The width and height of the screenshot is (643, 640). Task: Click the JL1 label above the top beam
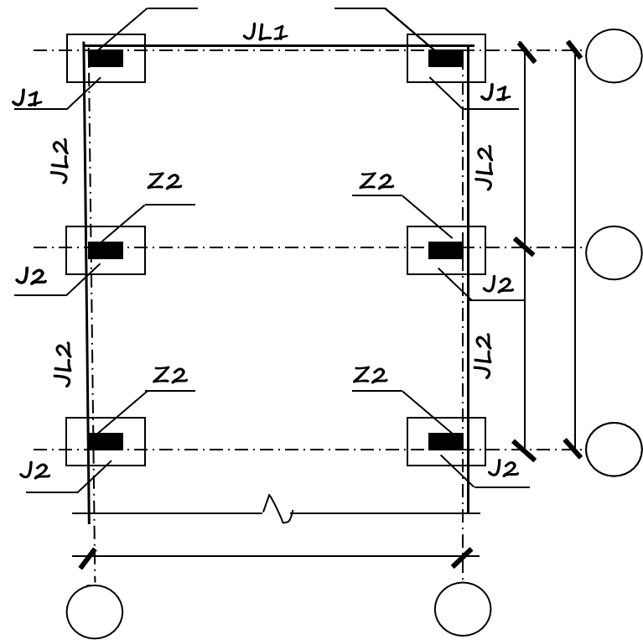[266, 32]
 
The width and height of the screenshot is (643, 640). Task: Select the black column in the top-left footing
[106, 58]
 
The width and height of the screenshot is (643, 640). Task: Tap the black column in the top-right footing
[446, 58]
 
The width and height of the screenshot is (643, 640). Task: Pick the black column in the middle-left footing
[106, 250]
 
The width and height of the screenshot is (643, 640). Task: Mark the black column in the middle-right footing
[446, 250]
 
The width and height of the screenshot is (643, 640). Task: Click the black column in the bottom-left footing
[106, 441]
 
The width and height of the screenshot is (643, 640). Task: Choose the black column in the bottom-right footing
[446, 441]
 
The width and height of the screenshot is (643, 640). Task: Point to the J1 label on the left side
[27, 97]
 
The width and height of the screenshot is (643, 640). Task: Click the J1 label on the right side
[495, 93]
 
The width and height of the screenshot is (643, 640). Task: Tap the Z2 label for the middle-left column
[164, 181]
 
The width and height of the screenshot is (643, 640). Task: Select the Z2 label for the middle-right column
[376, 181]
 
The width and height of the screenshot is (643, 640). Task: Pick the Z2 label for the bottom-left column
[170, 375]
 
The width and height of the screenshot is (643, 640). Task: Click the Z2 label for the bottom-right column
[370, 375]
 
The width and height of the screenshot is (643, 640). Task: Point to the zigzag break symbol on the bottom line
[278, 509]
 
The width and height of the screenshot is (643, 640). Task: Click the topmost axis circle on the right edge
[614, 56]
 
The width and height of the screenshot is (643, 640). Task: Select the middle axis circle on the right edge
[614, 252]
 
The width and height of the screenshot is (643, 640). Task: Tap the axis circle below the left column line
[95, 611]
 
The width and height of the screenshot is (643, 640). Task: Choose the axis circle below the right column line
[463, 609]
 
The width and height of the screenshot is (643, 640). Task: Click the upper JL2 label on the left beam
[60, 161]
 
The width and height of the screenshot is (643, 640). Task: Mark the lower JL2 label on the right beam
[483, 356]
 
